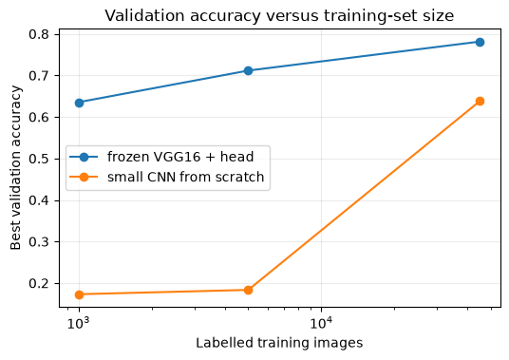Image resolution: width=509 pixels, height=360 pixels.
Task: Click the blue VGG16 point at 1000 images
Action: (x=79, y=104)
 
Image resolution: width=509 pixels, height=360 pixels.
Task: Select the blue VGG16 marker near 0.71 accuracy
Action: (x=249, y=71)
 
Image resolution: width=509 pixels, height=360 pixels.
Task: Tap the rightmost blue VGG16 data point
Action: (x=481, y=42)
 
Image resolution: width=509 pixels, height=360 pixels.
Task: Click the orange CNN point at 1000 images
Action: (x=79, y=294)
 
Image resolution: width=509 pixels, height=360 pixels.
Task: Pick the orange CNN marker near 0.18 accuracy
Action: (x=249, y=290)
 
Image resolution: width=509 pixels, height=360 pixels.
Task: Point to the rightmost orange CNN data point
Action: (x=481, y=102)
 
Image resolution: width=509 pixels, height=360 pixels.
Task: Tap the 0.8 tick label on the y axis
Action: (x=39, y=34)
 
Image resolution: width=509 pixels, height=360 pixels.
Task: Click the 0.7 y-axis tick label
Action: (x=39, y=76)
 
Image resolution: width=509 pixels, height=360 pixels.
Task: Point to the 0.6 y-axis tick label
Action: (x=39, y=118)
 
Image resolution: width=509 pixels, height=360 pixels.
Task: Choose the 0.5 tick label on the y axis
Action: (x=39, y=159)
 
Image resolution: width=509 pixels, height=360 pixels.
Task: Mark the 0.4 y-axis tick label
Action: (x=39, y=200)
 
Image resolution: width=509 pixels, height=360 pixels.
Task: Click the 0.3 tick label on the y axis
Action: (x=39, y=242)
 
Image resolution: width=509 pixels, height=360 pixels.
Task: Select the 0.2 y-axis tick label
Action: (x=39, y=284)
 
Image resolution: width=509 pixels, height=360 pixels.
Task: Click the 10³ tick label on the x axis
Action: (x=79, y=323)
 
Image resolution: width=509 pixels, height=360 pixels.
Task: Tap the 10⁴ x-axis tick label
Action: (x=321, y=323)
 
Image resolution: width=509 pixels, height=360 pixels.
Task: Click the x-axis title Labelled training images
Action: (x=279, y=343)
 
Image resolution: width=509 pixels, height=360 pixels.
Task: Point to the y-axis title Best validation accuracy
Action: (x=15, y=168)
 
